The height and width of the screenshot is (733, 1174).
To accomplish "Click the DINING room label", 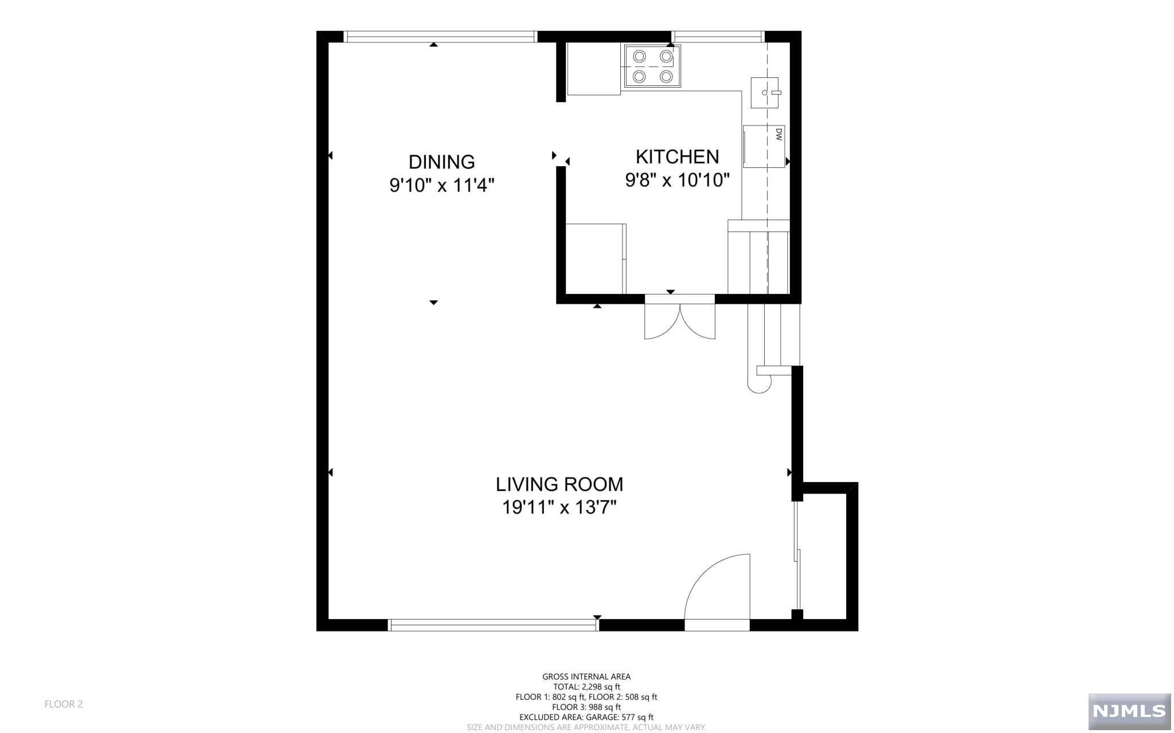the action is point(441,162).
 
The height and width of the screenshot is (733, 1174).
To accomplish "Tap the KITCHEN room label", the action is point(677,157).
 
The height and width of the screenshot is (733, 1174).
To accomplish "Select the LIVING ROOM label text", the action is point(559,484).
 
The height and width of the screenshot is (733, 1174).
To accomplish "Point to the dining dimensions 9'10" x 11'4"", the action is point(441,186).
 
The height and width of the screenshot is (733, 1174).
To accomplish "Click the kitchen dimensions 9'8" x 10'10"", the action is point(677,181).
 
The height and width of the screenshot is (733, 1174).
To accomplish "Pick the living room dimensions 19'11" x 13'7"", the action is point(559,508).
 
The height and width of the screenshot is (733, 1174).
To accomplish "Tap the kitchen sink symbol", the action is point(765,92).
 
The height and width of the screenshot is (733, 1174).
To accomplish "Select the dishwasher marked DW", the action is point(764,146).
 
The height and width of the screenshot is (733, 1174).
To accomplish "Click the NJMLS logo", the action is point(1129,711).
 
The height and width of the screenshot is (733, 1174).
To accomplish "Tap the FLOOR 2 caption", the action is point(64,704).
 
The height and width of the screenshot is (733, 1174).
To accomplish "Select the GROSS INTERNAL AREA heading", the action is point(586,677).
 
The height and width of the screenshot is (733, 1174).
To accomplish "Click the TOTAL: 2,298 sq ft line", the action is point(586,687).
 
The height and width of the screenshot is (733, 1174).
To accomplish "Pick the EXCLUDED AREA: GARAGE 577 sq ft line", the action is point(586,717).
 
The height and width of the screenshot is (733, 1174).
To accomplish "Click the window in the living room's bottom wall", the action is point(493,625).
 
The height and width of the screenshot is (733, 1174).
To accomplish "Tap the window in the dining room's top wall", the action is point(441,37).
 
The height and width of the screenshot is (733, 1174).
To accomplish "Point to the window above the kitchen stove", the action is point(718,37).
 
